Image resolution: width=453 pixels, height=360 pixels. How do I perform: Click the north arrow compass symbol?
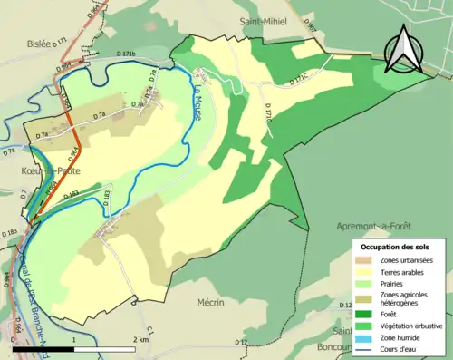coord(402,49)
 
